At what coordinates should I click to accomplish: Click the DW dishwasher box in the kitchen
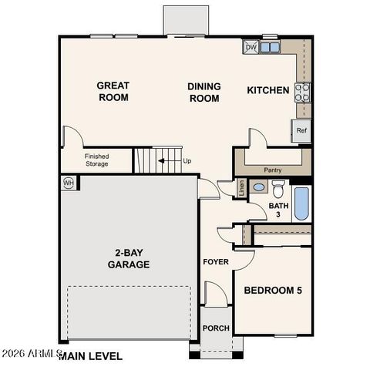(x=251, y=47)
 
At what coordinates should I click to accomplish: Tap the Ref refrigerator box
(x=301, y=130)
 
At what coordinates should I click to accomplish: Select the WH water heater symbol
(x=69, y=183)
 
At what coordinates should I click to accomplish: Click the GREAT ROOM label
(x=113, y=92)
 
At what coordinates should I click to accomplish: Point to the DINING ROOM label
(x=203, y=92)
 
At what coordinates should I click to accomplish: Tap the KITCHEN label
(x=267, y=91)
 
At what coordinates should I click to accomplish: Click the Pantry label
(x=272, y=170)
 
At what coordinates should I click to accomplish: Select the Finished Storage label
(x=96, y=160)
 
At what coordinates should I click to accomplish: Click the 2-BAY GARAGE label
(x=128, y=259)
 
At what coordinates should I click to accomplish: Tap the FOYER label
(x=215, y=262)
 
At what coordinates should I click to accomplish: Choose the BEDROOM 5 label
(x=273, y=291)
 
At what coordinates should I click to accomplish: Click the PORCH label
(x=216, y=328)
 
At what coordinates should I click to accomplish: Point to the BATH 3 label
(x=279, y=210)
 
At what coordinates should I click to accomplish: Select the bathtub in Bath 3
(x=301, y=204)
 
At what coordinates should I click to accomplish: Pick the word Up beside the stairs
(x=187, y=161)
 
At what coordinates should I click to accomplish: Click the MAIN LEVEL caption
(x=90, y=356)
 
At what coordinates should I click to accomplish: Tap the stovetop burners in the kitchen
(x=303, y=92)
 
